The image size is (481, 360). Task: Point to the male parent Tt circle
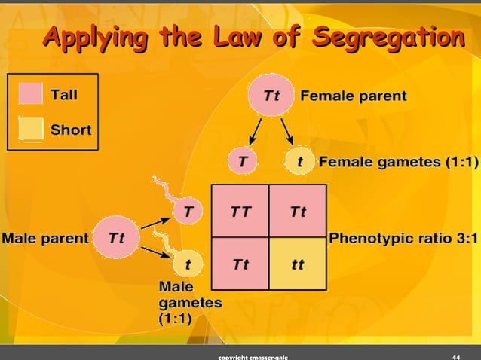click(x=116, y=238)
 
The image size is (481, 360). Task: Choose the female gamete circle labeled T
click(x=242, y=161)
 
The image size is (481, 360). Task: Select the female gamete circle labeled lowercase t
click(x=300, y=161)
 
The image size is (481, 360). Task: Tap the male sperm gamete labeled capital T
click(x=187, y=212)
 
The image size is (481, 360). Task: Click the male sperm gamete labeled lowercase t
click(x=187, y=264)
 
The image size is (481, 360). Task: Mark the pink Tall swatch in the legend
click(x=31, y=96)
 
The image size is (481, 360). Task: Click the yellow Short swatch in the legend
click(x=31, y=129)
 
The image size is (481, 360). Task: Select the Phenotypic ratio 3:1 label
click(x=403, y=239)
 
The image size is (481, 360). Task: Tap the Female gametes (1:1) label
click(x=399, y=161)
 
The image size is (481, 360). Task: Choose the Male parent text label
click(x=45, y=238)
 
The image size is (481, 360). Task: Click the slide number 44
click(x=455, y=355)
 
